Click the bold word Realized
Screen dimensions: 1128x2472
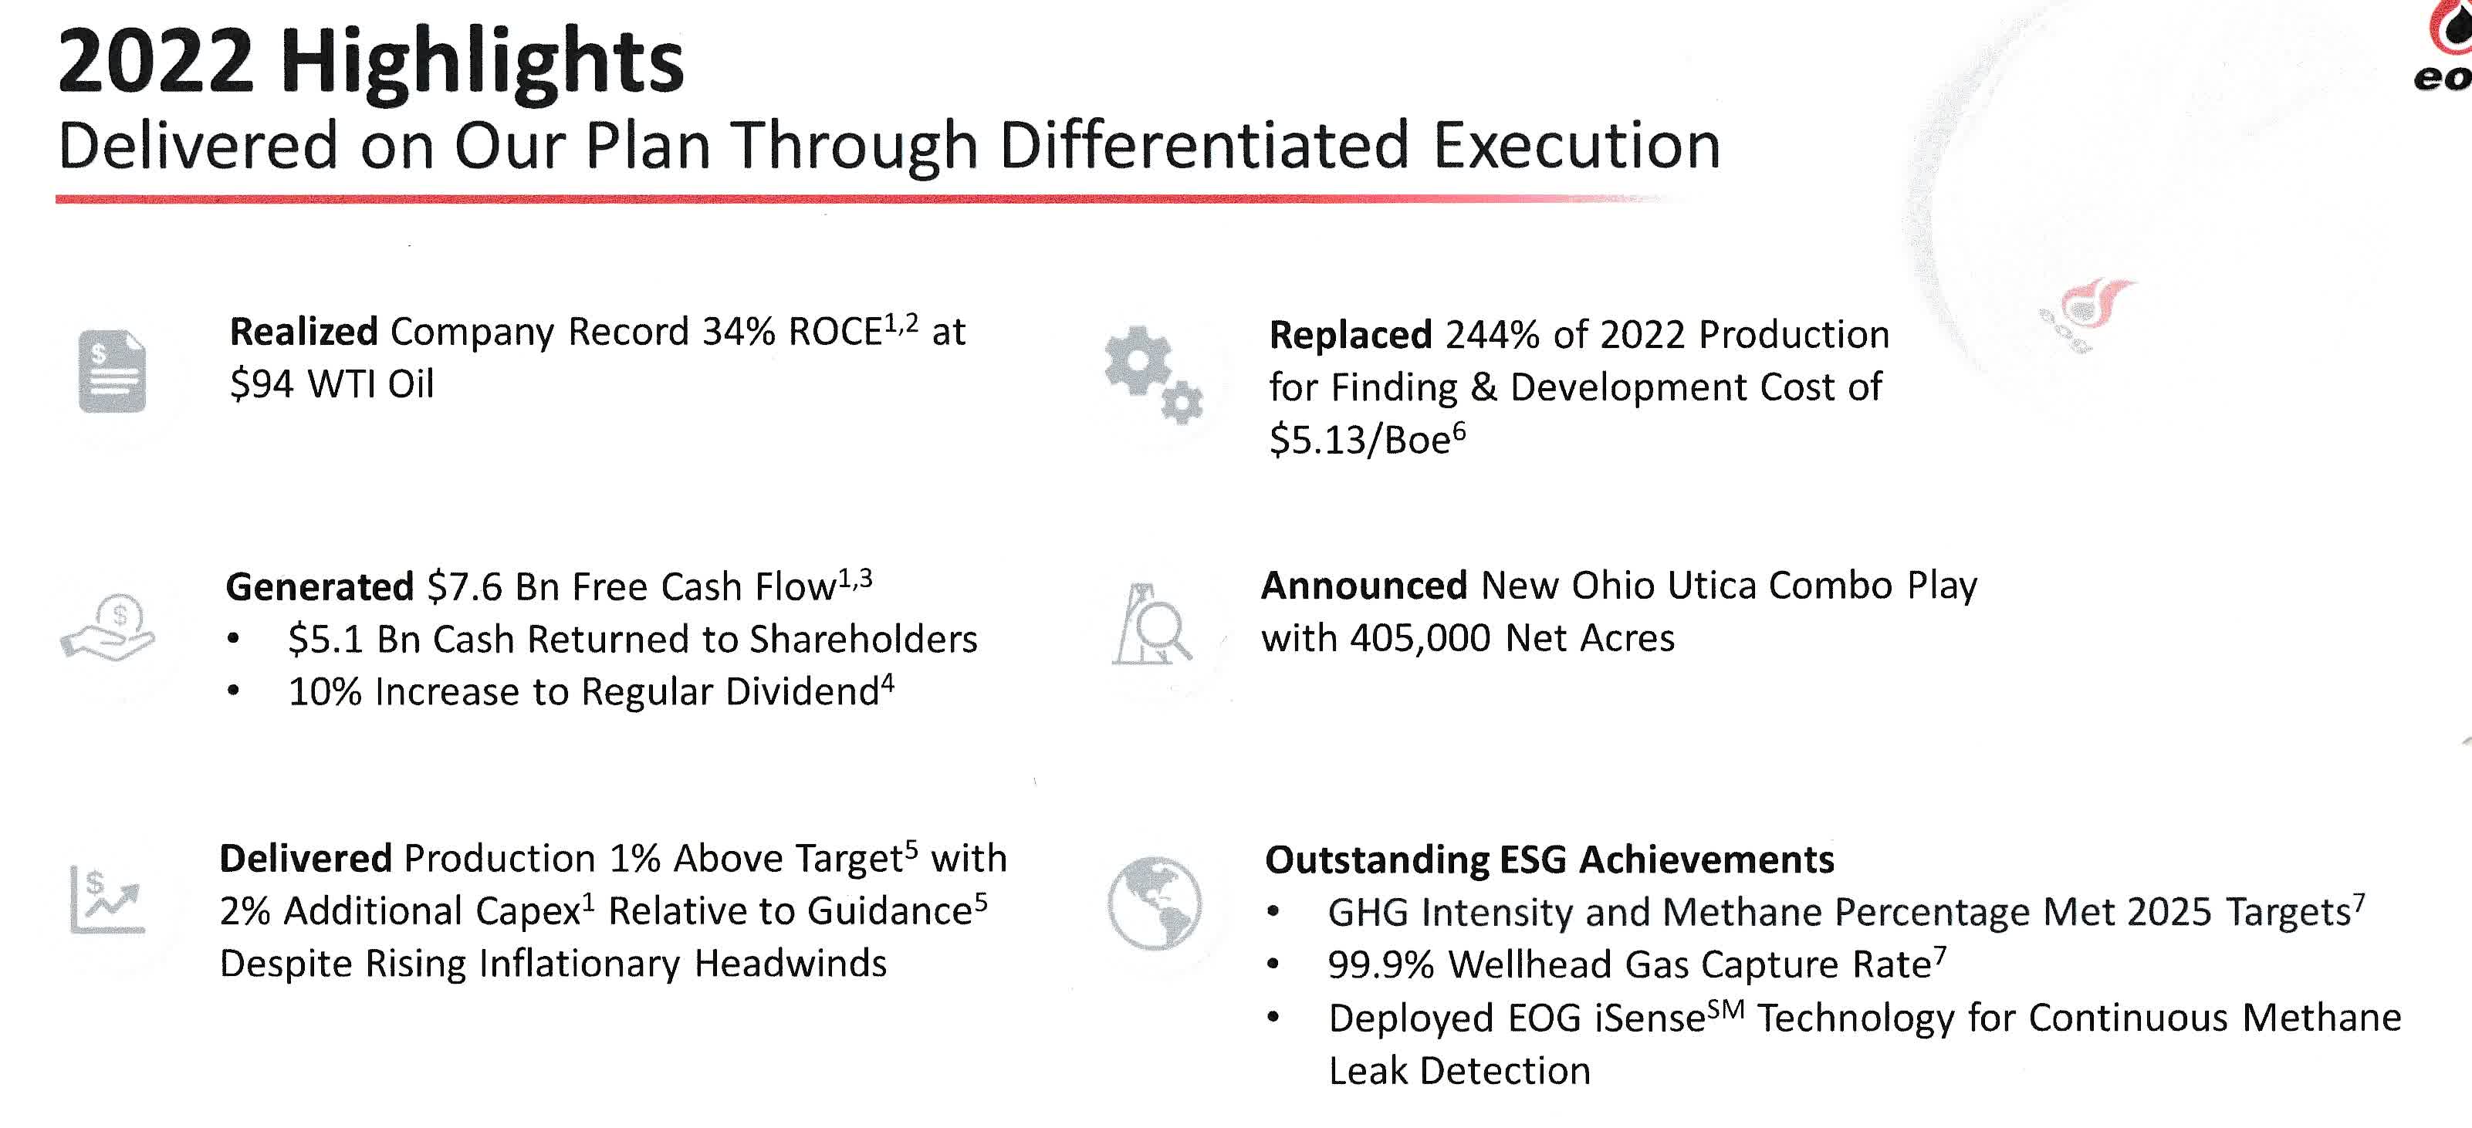[x=303, y=332]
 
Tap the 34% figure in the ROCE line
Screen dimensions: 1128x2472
[x=738, y=332]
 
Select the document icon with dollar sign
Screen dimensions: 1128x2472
[x=112, y=371]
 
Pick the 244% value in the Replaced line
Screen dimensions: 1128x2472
[x=1492, y=336]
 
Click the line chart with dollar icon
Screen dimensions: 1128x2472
[x=107, y=900]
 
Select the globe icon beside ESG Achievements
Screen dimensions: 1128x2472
[x=1155, y=903]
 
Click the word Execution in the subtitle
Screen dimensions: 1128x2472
[x=1576, y=146]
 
